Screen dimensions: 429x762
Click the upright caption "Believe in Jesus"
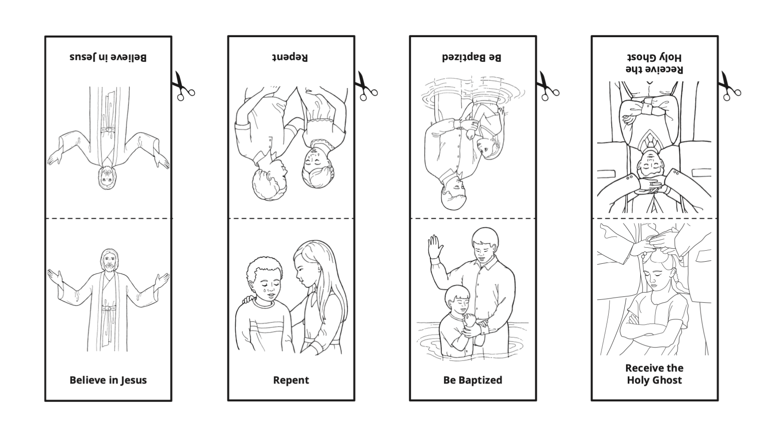tap(108, 380)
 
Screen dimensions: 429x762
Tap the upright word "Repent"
tap(291, 380)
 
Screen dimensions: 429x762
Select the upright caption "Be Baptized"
tap(473, 380)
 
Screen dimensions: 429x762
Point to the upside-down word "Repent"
tap(290, 57)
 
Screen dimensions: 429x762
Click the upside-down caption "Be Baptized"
tap(472, 57)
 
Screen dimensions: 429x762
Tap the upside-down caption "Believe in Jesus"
tap(108, 57)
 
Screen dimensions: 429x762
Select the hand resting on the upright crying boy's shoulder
tap(248, 301)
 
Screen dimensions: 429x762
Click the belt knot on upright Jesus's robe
tap(109, 308)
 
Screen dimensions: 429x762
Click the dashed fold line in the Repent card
tap(291, 219)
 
